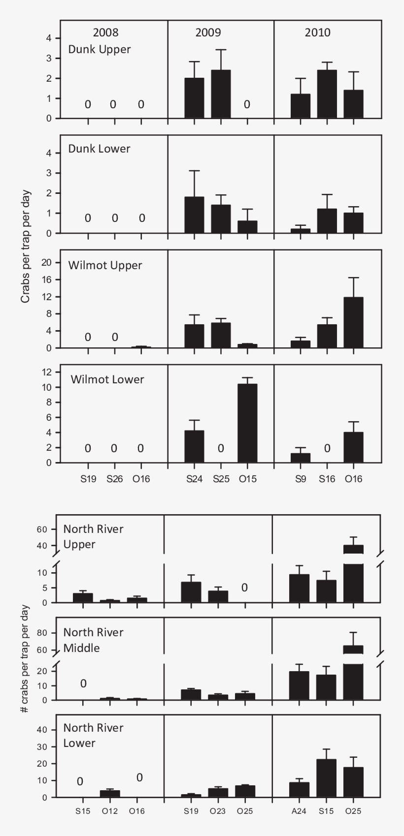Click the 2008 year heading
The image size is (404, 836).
(x=105, y=33)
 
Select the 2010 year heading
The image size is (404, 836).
(x=317, y=33)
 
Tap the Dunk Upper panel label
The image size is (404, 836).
(x=99, y=49)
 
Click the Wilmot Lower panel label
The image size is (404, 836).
(x=107, y=379)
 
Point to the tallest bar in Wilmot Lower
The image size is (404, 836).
(x=247, y=423)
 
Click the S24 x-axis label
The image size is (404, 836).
(x=194, y=479)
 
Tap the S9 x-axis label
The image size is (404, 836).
(x=301, y=479)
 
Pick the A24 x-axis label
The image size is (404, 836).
(x=299, y=811)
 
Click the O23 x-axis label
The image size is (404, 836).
(x=218, y=811)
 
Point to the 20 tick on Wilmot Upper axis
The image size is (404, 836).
(x=47, y=262)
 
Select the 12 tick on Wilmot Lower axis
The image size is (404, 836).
(x=47, y=372)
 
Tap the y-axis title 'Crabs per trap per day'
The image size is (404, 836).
(x=26, y=246)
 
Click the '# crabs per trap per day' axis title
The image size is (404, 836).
(x=25, y=659)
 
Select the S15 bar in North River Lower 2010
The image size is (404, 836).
(x=326, y=778)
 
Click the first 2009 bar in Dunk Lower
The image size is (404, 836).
(x=194, y=215)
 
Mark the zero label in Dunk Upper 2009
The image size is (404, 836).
(x=247, y=104)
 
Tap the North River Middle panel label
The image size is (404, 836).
(x=93, y=640)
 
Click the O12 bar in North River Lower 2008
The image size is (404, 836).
(x=110, y=794)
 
